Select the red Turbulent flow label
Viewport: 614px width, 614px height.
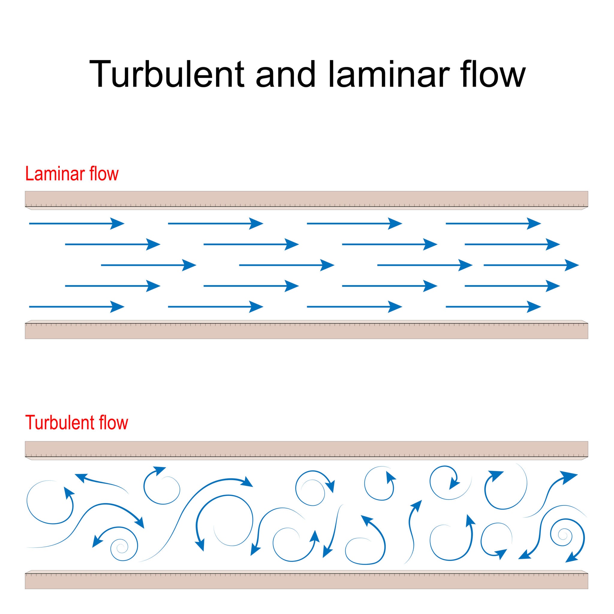click(x=76, y=423)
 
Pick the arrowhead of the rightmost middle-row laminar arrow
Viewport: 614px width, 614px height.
click(x=571, y=265)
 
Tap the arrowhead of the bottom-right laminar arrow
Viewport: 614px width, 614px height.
click(x=534, y=307)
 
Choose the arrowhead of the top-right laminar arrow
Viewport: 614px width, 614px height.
click(x=534, y=224)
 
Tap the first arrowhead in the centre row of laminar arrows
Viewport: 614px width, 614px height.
click(x=189, y=265)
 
